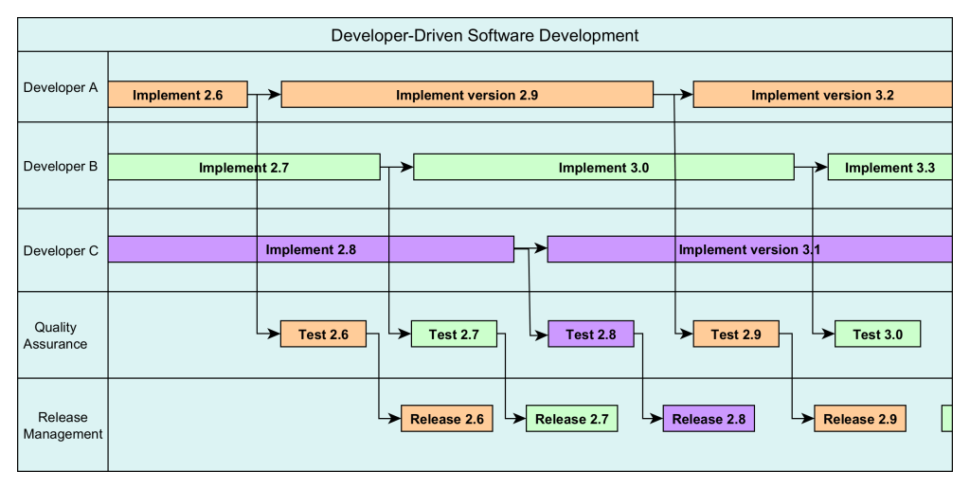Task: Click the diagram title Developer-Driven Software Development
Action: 484,36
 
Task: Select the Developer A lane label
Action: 61,87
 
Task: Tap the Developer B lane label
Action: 61,167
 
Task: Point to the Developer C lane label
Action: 61,251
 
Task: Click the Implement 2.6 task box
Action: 178,95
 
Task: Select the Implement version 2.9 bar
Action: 467,95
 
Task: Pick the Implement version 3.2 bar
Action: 822,95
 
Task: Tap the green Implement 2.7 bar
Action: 243,168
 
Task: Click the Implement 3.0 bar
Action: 603,168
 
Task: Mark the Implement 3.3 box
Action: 889,168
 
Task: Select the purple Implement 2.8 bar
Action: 311,249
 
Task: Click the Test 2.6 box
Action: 323,335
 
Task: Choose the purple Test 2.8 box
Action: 591,335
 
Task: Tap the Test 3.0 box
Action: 877,335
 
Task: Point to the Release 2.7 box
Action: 571,419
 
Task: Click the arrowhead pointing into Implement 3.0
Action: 408,168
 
